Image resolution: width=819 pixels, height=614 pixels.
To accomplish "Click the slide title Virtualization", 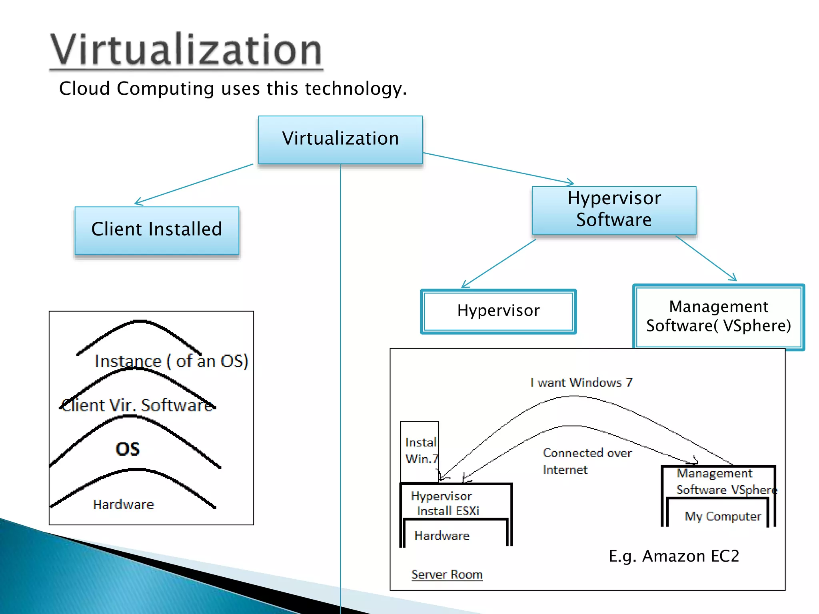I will click(186, 50).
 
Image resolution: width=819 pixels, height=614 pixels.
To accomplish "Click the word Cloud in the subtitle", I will click(84, 88).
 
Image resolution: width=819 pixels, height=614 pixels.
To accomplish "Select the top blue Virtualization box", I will click(340, 140).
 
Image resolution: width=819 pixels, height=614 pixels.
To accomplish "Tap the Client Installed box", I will click(157, 230).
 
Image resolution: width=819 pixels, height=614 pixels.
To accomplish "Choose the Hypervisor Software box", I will click(614, 210).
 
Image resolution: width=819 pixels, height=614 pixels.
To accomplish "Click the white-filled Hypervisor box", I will click(498, 311).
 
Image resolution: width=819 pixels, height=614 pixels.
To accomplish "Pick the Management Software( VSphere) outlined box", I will click(719, 317).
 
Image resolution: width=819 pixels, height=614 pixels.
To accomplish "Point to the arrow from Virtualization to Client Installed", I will click(194, 184).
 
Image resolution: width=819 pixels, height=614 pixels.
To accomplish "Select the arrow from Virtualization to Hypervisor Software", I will click(498, 168).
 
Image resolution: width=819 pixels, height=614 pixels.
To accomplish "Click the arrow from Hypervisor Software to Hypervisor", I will click(499, 263).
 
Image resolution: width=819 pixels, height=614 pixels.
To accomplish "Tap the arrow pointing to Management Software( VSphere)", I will click(706, 258).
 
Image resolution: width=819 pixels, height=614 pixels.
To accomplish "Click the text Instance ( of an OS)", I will click(171, 361).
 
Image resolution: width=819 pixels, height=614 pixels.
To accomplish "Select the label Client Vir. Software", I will click(137, 405).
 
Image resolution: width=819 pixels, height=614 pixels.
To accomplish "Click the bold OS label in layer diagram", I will click(128, 449).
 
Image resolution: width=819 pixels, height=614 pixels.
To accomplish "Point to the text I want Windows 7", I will click(581, 383).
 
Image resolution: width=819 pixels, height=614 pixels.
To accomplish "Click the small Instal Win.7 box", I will click(420, 451).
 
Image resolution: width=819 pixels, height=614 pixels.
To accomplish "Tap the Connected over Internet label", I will click(587, 461).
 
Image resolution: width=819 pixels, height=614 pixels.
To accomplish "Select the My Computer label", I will click(723, 516).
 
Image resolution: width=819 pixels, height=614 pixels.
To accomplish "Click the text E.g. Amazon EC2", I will click(674, 556).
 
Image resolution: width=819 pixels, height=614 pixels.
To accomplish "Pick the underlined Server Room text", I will click(447, 574).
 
